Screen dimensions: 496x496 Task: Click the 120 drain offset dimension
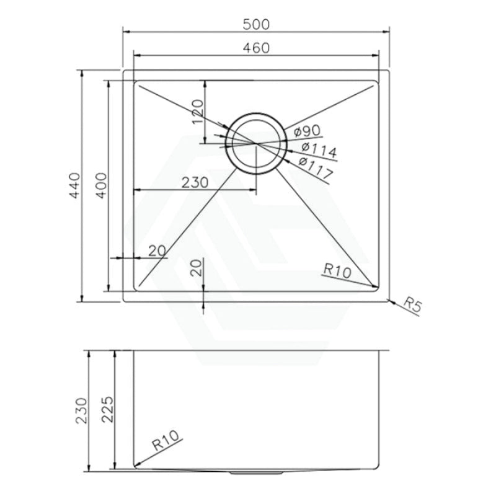click(x=198, y=112)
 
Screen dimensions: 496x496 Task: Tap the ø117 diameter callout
click(x=316, y=166)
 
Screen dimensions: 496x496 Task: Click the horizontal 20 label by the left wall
click(x=157, y=250)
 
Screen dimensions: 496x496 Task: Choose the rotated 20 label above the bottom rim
click(x=195, y=267)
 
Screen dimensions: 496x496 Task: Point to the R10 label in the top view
click(x=337, y=270)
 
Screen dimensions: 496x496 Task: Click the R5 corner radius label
click(x=412, y=304)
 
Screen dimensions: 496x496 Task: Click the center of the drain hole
click(x=255, y=143)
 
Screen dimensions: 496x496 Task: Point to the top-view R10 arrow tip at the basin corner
click(x=376, y=286)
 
